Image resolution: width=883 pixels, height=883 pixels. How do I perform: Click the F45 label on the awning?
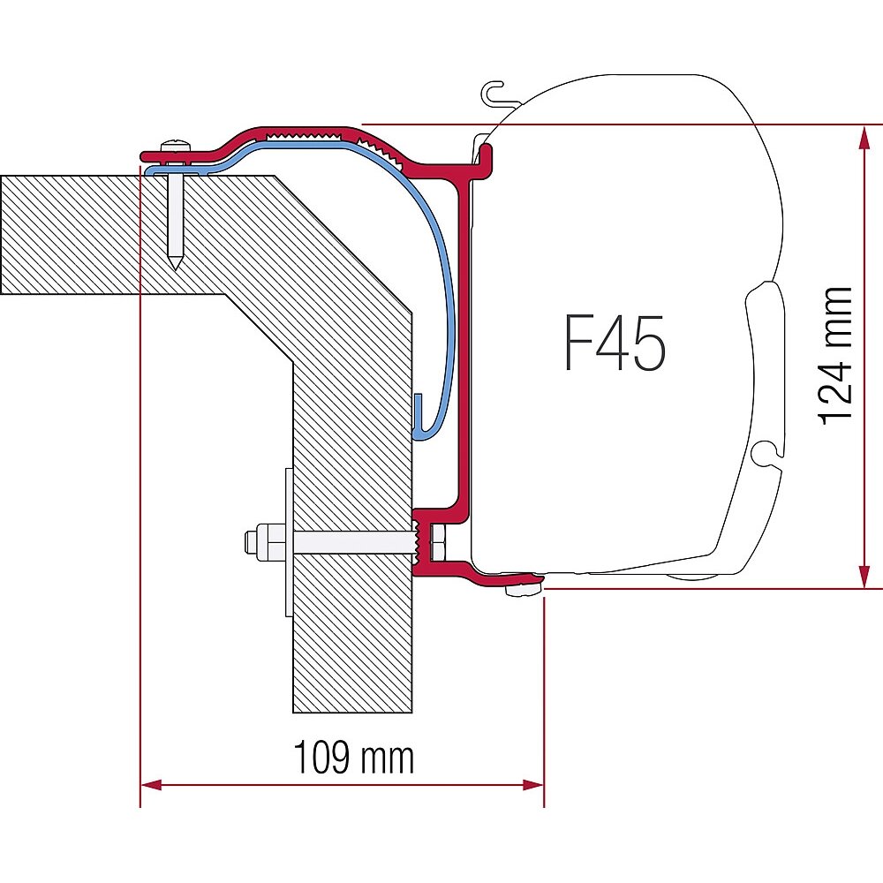[x=615, y=343]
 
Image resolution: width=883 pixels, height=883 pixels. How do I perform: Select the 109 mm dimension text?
[x=354, y=757]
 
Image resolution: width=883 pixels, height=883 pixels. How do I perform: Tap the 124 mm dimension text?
[x=834, y=355]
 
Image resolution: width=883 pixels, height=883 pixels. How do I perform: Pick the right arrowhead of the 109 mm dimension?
[x=533, y=784]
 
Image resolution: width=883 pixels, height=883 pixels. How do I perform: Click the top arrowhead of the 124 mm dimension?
[x=864, y=137]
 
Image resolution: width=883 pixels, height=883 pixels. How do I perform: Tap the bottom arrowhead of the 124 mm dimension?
[x=864, y=577]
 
